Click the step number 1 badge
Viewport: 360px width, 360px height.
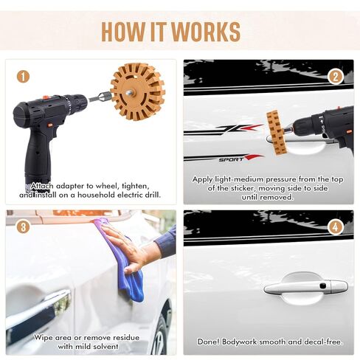point(23,77)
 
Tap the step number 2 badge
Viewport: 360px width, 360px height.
point(336,77)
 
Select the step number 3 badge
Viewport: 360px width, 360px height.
point(23,227)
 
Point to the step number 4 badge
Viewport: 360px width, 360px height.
point(336,227)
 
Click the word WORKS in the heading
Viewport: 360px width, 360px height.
point(206,32)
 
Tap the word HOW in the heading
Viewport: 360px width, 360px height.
point(123,32)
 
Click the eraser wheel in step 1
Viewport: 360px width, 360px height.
point(138,91)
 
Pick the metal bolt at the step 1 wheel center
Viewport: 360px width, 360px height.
point(130,93)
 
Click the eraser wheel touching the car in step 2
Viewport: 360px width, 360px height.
point(277,133)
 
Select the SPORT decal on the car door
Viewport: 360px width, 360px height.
point(231,159)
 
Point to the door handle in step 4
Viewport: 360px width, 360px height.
point(305,287)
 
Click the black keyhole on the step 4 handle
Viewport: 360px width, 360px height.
point(323,286)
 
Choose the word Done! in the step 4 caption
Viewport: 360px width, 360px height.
point(208,342)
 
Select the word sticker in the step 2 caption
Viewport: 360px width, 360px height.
point(242,188)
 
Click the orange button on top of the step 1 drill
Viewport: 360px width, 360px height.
point(46,97)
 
